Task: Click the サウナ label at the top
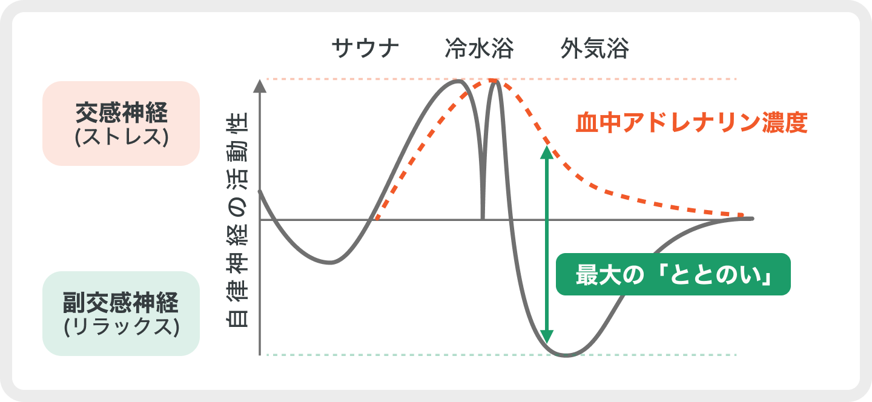tap(365, 48)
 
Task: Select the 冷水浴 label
tap(479, 48)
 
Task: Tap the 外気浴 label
tap(595, 48)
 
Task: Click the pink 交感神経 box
tap(121, 124)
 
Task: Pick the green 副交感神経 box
tap(121, 313)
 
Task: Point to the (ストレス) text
tap(122, 137)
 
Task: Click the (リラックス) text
tap(122, 326)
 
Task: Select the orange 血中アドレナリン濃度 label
tap(692, 122)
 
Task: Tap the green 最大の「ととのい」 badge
tap(673, 274)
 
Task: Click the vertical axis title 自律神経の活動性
tap(237, 220)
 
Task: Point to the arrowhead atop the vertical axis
tap(260, 86)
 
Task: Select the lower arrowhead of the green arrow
tap(547, 337)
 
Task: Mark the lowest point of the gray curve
tap(566, 355)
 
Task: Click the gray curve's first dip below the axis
tap(330, 263)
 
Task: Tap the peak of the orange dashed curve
tap(493, 81)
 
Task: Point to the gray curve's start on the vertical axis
tap(260, 191)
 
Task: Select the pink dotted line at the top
tap(501, 79)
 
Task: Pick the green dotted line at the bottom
tap(501, 355)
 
